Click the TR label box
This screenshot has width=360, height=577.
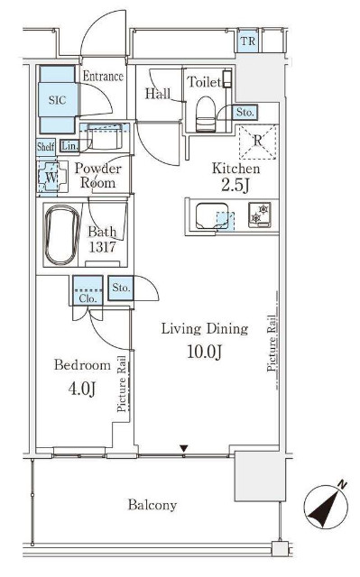coord(248,41)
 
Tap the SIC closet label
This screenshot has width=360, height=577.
coord(58,100)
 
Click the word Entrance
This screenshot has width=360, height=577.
coord(103,76)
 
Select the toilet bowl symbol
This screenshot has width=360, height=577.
coord(205,114)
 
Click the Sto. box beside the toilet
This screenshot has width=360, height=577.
coord(245,112)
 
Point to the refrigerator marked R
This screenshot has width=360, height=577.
coord(258,142)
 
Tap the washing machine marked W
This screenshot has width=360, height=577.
coord(52,177)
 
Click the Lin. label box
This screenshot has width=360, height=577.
coord(69,146)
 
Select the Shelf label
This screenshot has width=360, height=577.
coord(45,147)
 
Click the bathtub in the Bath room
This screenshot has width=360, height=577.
coord(62,234)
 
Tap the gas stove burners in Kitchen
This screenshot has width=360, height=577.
coord(260,215)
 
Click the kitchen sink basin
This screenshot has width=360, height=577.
coord(212,216)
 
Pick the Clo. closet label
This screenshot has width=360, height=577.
coord(88,298)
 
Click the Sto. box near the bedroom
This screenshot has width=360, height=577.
coord(121,288)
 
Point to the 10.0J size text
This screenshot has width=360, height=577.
coord(205,352)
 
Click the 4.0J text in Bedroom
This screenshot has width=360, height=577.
coord(82,389)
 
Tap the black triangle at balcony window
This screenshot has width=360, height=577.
coord(184,449)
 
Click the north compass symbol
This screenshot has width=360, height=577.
coord(326,507)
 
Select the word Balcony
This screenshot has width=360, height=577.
coord(152,505)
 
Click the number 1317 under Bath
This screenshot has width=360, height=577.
coord(103,247)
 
